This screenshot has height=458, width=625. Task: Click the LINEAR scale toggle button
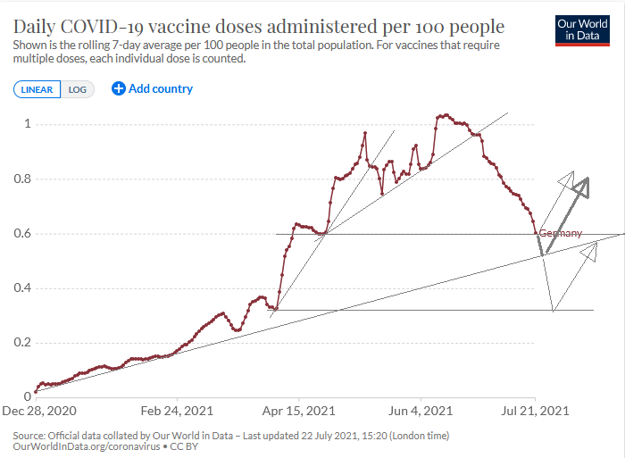(x=37, y=89)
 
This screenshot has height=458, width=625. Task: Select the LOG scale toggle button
(x=78, y=89)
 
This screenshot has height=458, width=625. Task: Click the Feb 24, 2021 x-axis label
(x=178, y=411)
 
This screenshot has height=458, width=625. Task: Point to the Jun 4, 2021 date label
(x=421, y=411)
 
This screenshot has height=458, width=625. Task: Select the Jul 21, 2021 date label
(x=535, y=411)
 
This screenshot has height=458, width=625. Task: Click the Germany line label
(x=561, y=233)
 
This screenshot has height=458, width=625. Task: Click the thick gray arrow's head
(x=583, y=185)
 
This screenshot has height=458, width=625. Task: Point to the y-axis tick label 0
(x=27, y=397)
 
